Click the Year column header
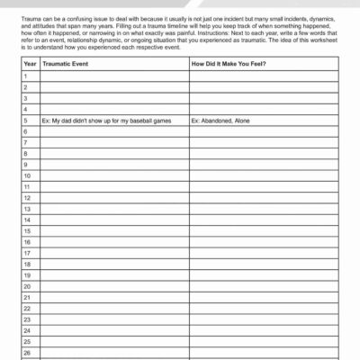pyautogui.click(x=30, y=64)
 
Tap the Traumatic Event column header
pyautogui.click(x=73, y=64)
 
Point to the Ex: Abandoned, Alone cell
pyautogui.click(x=229, y=120)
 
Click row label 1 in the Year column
pyautogui.click(x=26, y=76)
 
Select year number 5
pyautogui.click(x=26, y=120)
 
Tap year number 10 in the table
pyautogui.click(x=28, y=175)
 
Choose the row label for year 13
pyautogui.click(x=28, y=209)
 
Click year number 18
pyautogui.click(x=28, y=265)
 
